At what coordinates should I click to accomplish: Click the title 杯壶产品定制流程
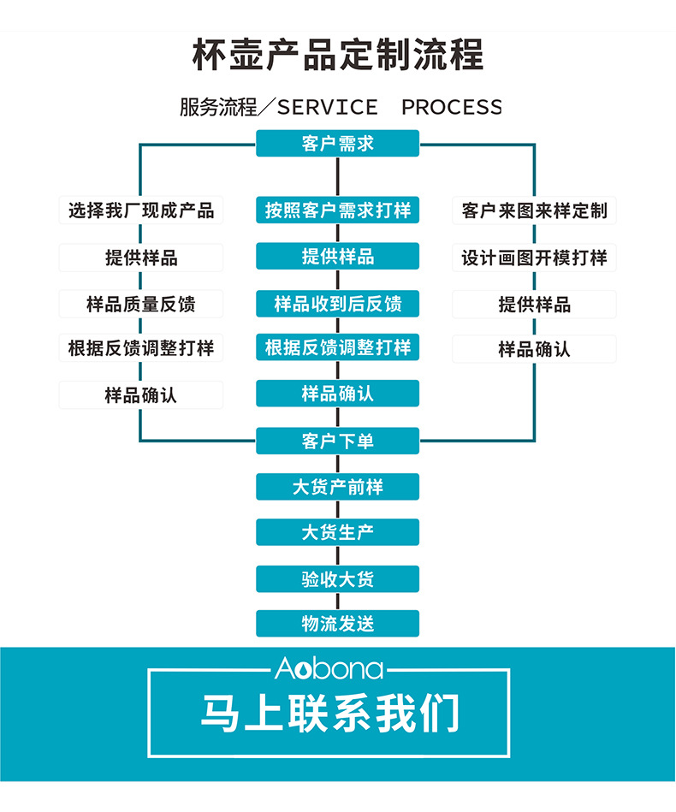pyautogui.click(x=338, y=54)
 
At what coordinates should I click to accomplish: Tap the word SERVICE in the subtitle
pyautogui.click(x=327, y=107)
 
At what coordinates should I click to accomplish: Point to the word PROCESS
pyautogui.click(x=451, y=107)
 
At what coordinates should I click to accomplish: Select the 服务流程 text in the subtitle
pyautogui.click(x=217, y=107)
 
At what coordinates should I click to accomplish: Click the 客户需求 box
pyautogui.click(x=338, y=143)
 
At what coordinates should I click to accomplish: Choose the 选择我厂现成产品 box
pyautogui.click(x=141, y=210)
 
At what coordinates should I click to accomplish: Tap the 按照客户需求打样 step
pyautogui.click(x=338, y=210)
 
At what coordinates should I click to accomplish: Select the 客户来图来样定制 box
pyautogui.click(x=534, y=210)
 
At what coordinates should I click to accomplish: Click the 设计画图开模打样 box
pyautogui.click(x=534, y=258)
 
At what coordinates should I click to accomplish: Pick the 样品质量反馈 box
pyautogui.click(x=141, y=304)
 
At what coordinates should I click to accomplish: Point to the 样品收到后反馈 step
pyautogui.click(x=338, y=304)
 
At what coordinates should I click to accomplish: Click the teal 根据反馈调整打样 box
pyautogui.click(x=338, y=347)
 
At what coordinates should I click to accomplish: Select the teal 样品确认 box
pyautogui.click(x=338, y=394)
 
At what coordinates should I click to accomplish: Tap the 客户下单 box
pyautogui.click(x=338, y=442)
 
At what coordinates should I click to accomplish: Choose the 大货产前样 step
pyautogui.click(x=338, y=487)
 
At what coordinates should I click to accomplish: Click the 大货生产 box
pyautogui.click(x=338, y=532)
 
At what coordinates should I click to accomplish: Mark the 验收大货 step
pyautogui.click(x=338, y=579)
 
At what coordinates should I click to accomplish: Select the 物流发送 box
pyautogui.click(x=338, y=624)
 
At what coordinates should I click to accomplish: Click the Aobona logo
pyautogui.click(x=329, y=669)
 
